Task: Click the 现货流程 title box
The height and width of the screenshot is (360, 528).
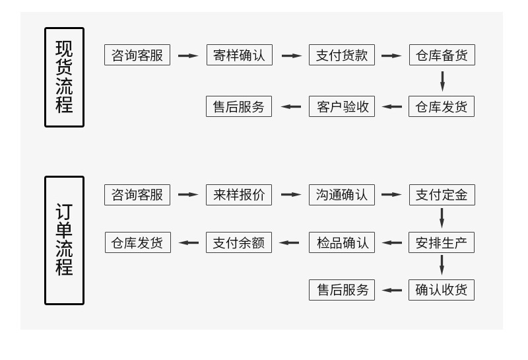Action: (x=64, y=77)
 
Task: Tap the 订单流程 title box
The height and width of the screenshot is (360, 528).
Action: (x=64, y=240)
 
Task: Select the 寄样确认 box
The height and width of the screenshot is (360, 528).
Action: (x=239, y=55)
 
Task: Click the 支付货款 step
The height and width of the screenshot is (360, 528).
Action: (x=341, y=55)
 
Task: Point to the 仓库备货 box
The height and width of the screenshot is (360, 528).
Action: (x=442, y=55)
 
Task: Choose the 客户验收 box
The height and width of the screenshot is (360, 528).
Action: (x=341, y=106)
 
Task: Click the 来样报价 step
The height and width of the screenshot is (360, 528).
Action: (x=239, y=195)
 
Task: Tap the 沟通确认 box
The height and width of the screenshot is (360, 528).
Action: (x=341, y=195)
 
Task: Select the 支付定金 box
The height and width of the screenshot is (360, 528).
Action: (x=442, y=195)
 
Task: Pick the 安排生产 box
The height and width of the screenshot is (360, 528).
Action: (x=442, y=242)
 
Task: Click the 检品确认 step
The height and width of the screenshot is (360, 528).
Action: (x=341, y=242)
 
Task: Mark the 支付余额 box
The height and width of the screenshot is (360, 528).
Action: (x=239, y=242)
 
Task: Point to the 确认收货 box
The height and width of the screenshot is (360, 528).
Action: (x=442, y=290)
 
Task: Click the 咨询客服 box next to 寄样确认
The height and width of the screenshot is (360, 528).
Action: (x=137, y=55)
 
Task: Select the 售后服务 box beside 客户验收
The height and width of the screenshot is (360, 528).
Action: (x=239, y=106)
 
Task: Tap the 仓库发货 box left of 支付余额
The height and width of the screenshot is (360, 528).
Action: (x=137, y=242)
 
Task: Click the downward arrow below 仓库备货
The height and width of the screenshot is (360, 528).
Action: (x=442, y=81)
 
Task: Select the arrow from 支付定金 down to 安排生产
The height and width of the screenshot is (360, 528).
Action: (x=442, y=218)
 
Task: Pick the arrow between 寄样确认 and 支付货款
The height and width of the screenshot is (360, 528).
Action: (x=291, y=55)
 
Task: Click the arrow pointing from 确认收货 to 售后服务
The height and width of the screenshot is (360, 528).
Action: (x=392, y=290)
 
